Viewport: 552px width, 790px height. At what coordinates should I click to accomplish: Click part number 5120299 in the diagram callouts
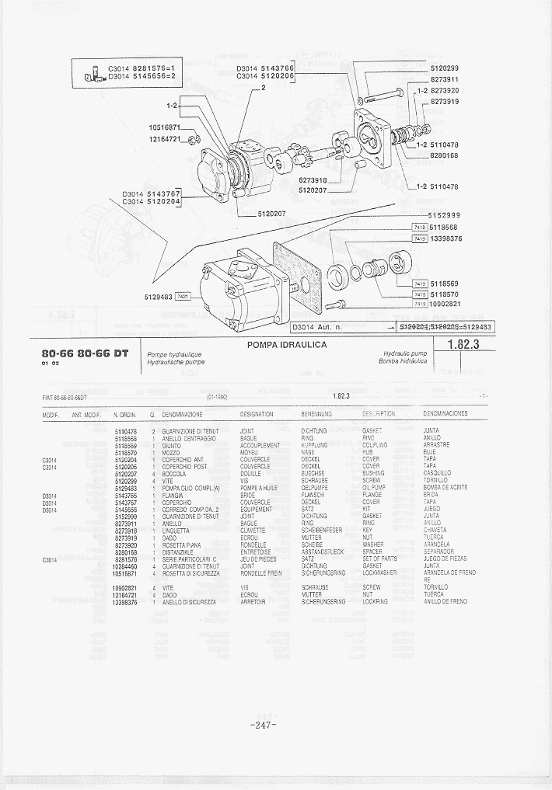click(444, 68)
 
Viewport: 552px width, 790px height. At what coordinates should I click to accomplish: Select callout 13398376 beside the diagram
click(446, 238)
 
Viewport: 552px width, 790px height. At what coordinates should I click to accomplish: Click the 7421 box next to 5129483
click(183, 296)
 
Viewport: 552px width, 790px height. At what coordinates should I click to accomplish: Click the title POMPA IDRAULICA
click(287, 345)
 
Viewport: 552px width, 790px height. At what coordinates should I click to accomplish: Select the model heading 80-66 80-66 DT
click(86, 353)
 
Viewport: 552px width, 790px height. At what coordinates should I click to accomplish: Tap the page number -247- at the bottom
click(265, 725)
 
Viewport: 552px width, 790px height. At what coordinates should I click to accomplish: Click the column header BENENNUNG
click(316, 414)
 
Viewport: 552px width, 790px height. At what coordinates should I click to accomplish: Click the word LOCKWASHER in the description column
click(380, 572)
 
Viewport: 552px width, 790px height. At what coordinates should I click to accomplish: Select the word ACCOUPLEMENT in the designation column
click(260, 445)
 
